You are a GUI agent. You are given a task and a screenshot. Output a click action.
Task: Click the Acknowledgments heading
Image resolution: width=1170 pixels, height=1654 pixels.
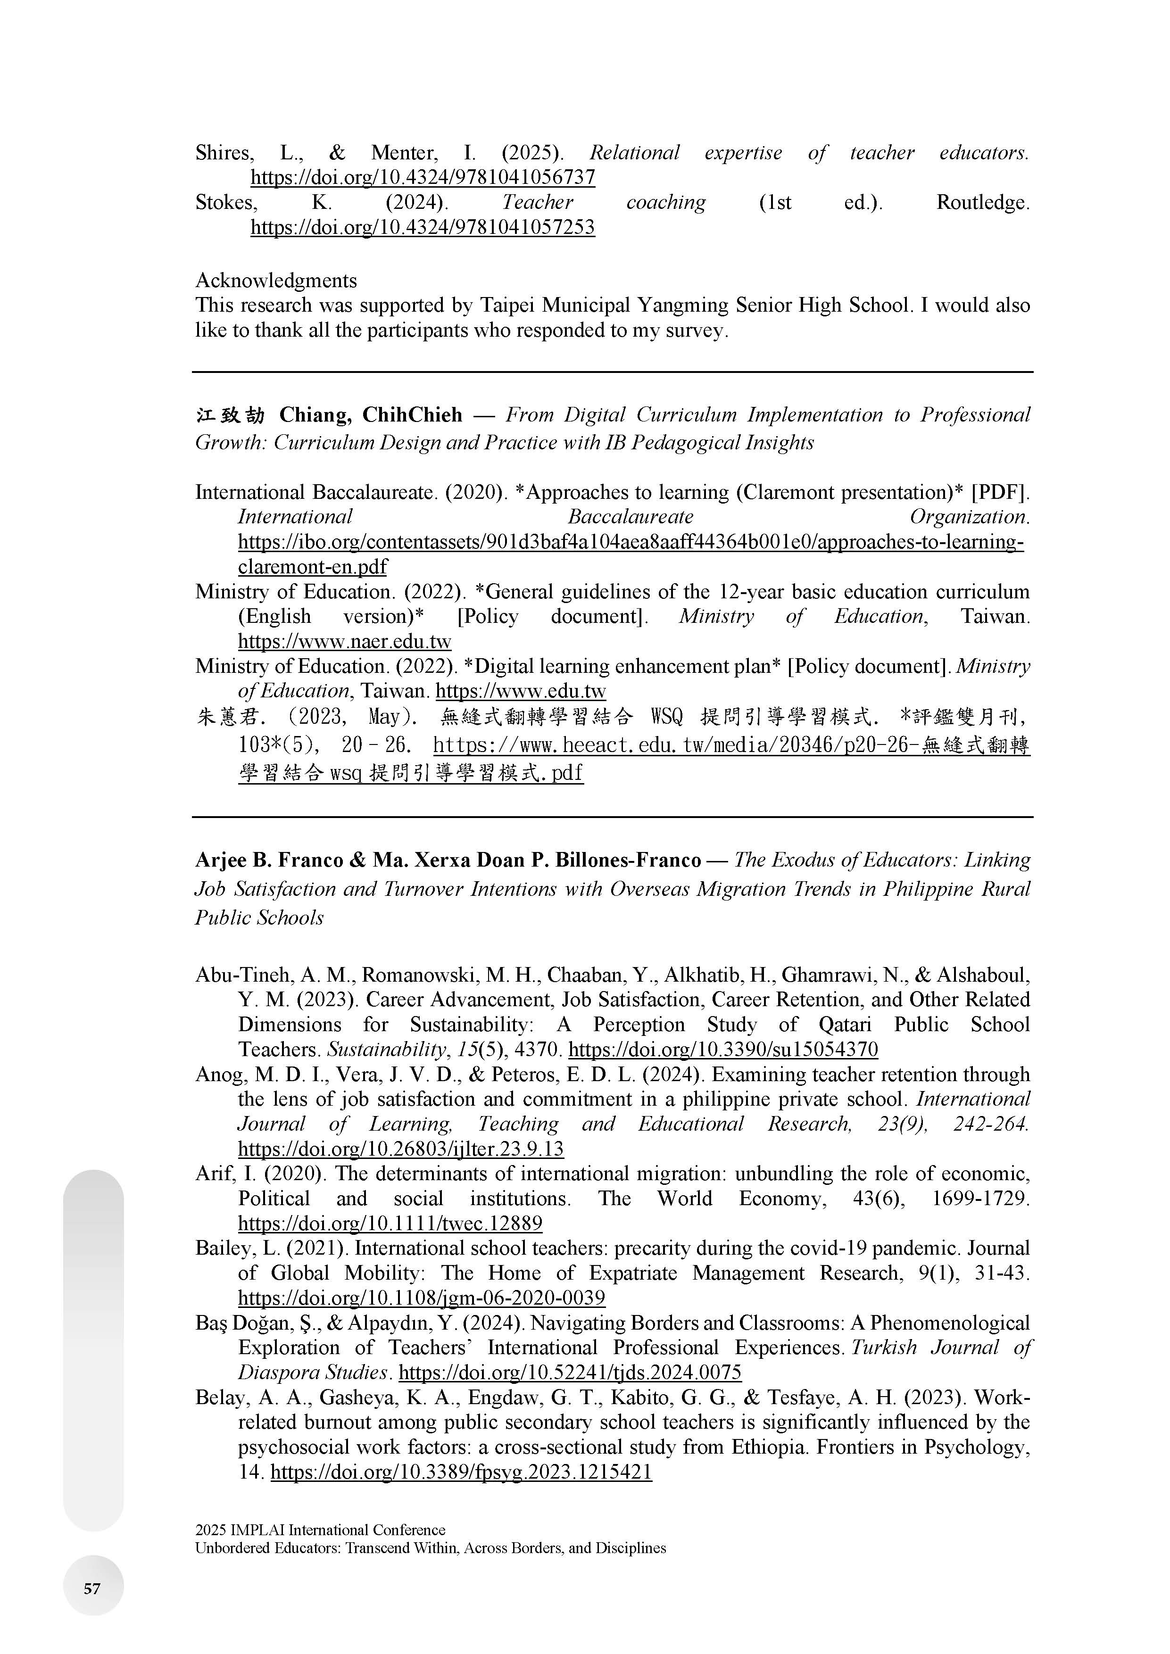click(276, 280)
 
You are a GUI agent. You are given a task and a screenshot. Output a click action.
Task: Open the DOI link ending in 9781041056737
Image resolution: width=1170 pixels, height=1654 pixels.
click(423, 177)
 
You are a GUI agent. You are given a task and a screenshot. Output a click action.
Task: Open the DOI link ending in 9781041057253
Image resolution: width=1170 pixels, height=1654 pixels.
click(423, 228)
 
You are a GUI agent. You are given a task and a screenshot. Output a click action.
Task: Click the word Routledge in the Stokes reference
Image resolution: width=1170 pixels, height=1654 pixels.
click(982, 202)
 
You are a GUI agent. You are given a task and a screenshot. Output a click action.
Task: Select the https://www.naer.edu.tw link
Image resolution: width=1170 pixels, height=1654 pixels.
click(344, 641)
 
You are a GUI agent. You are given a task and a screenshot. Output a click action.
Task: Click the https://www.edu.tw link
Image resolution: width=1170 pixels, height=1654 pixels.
click(521, 691)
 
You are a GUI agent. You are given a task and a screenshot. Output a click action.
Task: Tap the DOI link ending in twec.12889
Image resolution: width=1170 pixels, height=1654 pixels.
click(390, 1223)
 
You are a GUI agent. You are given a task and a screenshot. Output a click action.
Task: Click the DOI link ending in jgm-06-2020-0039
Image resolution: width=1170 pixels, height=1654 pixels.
click(422, 1298)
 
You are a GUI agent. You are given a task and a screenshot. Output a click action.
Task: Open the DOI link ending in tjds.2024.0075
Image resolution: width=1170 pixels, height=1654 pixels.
click(570, 1373)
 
